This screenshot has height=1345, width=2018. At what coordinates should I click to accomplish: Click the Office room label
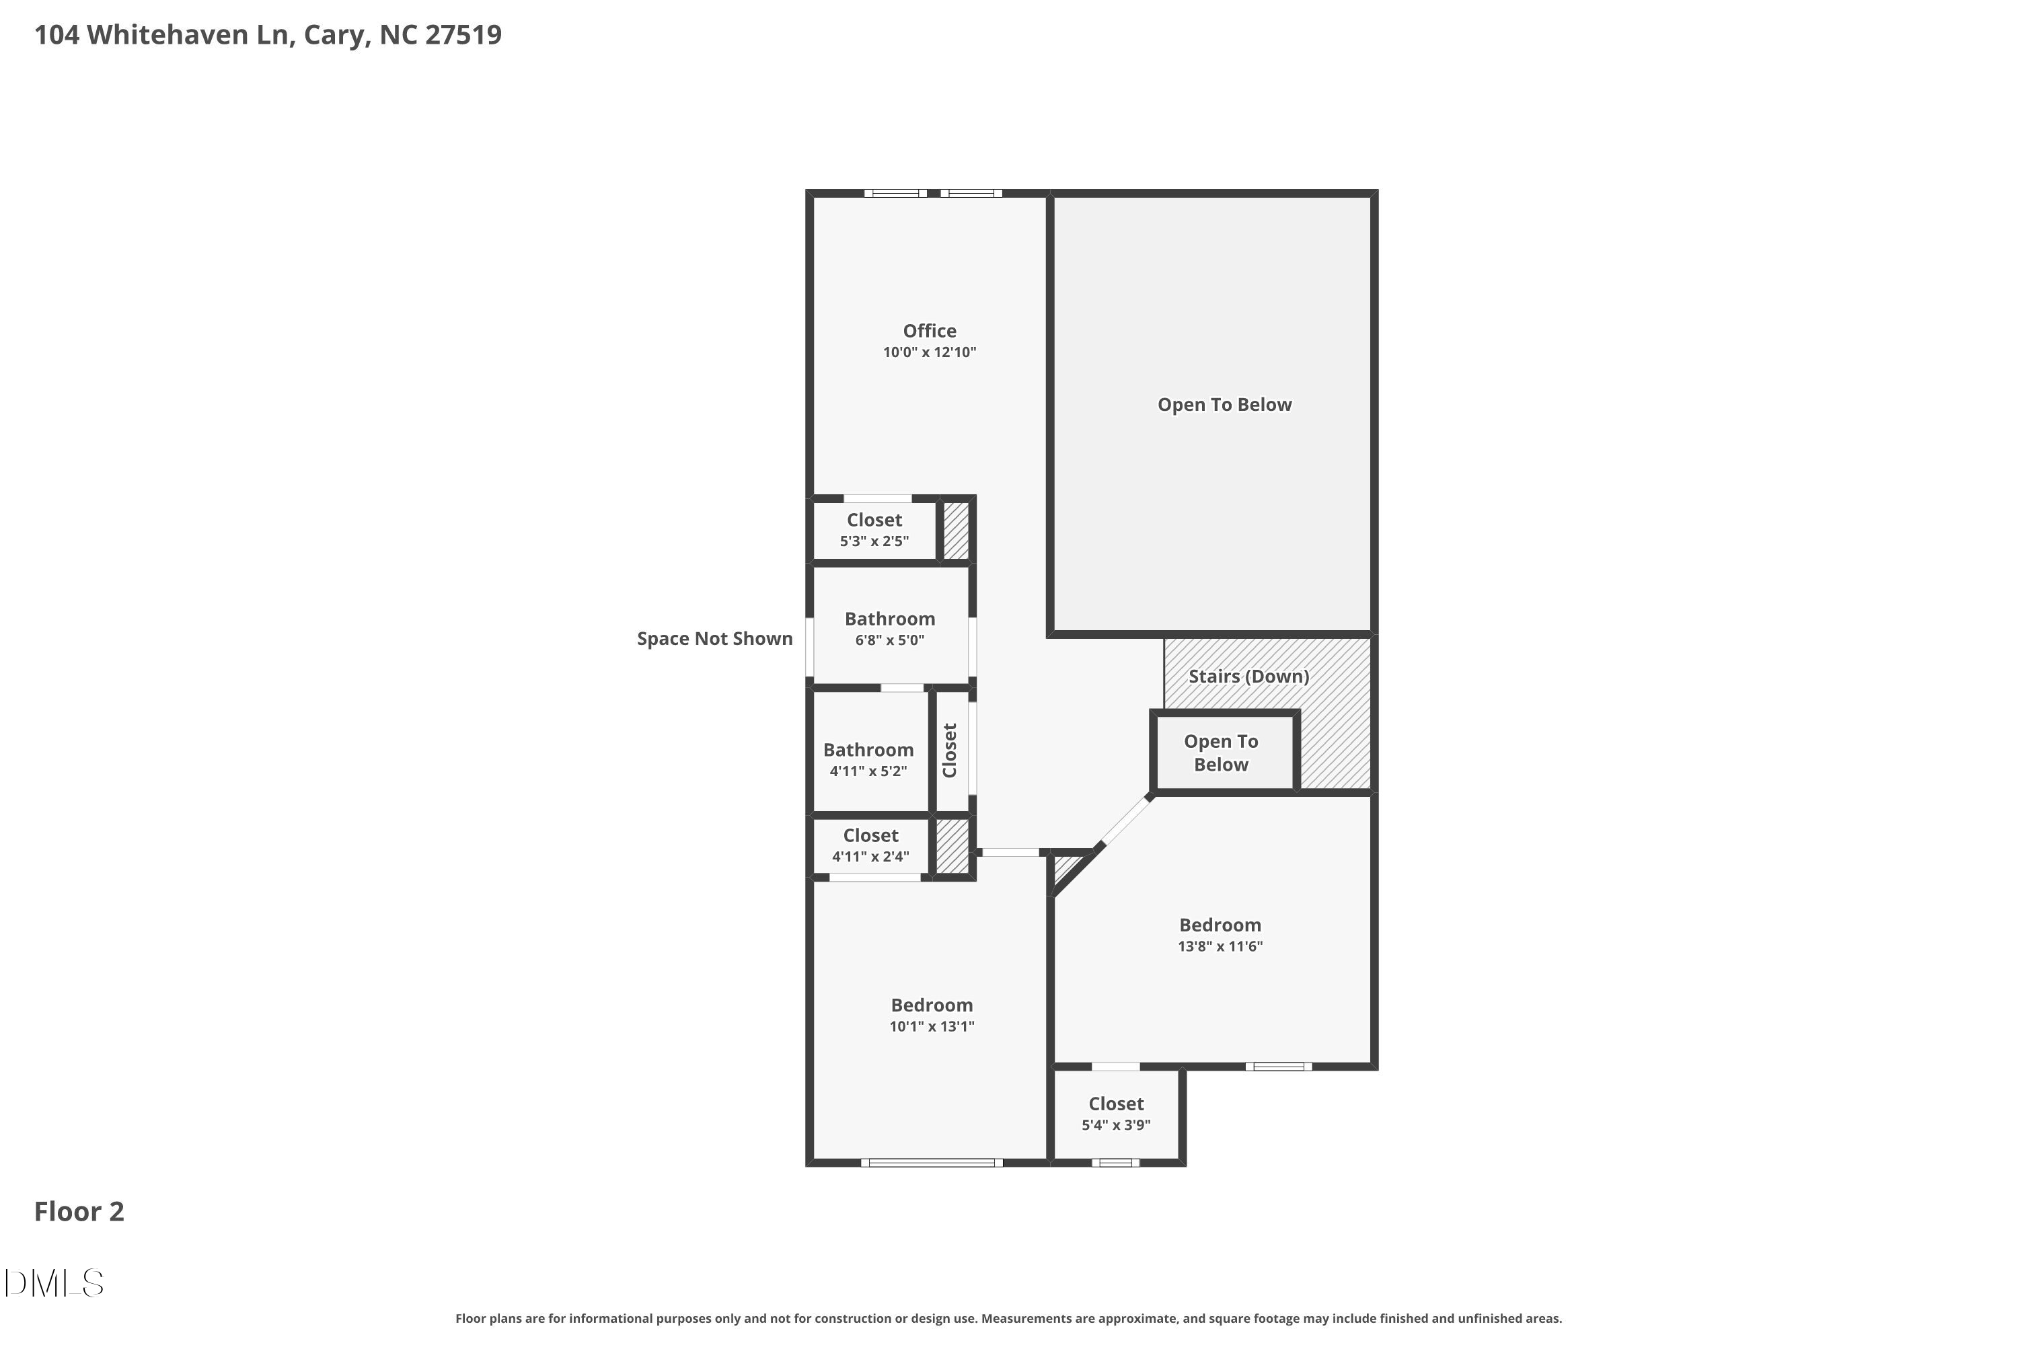pos(929,331)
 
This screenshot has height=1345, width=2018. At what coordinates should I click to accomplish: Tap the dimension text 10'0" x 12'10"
pos(929,352)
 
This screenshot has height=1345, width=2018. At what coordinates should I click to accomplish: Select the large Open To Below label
pos(1224,405)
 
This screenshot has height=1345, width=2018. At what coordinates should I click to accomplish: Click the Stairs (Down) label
pos(1248,677)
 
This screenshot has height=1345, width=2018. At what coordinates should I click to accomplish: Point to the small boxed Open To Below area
pos(1221,753)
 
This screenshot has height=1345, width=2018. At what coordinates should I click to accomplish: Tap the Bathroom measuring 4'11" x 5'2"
pos(868,759)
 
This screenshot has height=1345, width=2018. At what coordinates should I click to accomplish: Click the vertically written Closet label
pos(950,751)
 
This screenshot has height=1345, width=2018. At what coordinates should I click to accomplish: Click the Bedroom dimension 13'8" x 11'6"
pos(1220,946)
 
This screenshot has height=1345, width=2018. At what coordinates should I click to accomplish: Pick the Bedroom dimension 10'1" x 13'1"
pos(932,1027)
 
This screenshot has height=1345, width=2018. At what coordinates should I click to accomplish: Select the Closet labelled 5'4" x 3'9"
pos(1115,1114)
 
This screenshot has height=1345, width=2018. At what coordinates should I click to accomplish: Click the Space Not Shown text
pos(714,639)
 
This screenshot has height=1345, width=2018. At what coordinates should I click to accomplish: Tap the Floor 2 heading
pos(79,1211)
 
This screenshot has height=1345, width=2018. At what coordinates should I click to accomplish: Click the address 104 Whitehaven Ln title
pos(268,35)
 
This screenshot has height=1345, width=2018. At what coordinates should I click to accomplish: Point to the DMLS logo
pos(54,1283)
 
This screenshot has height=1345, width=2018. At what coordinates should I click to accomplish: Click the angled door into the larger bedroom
pos(1125,822)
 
